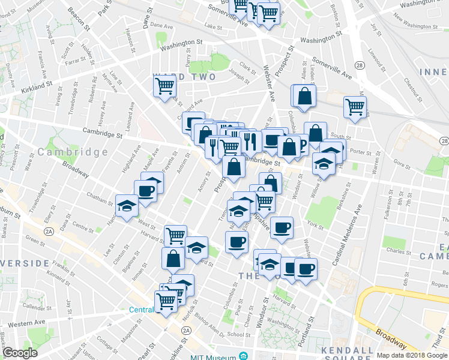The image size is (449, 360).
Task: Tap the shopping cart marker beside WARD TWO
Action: tap(164, 86)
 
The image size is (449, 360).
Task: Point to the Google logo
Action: tap(20, 353)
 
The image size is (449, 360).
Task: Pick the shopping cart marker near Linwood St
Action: tap(355, 107)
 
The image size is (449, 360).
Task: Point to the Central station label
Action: tap(142, 310)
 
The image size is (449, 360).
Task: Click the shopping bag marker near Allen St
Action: tap(304, 96)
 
